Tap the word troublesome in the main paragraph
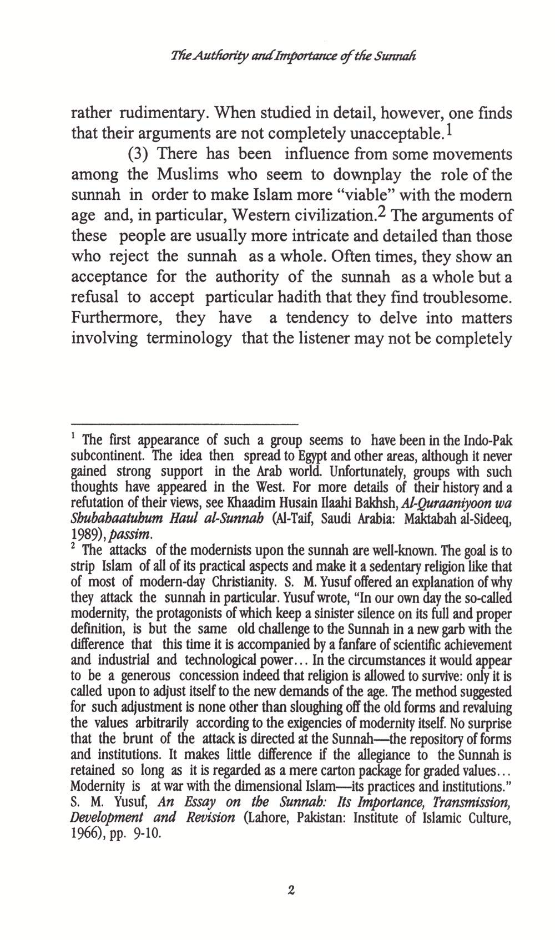(467, 297)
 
